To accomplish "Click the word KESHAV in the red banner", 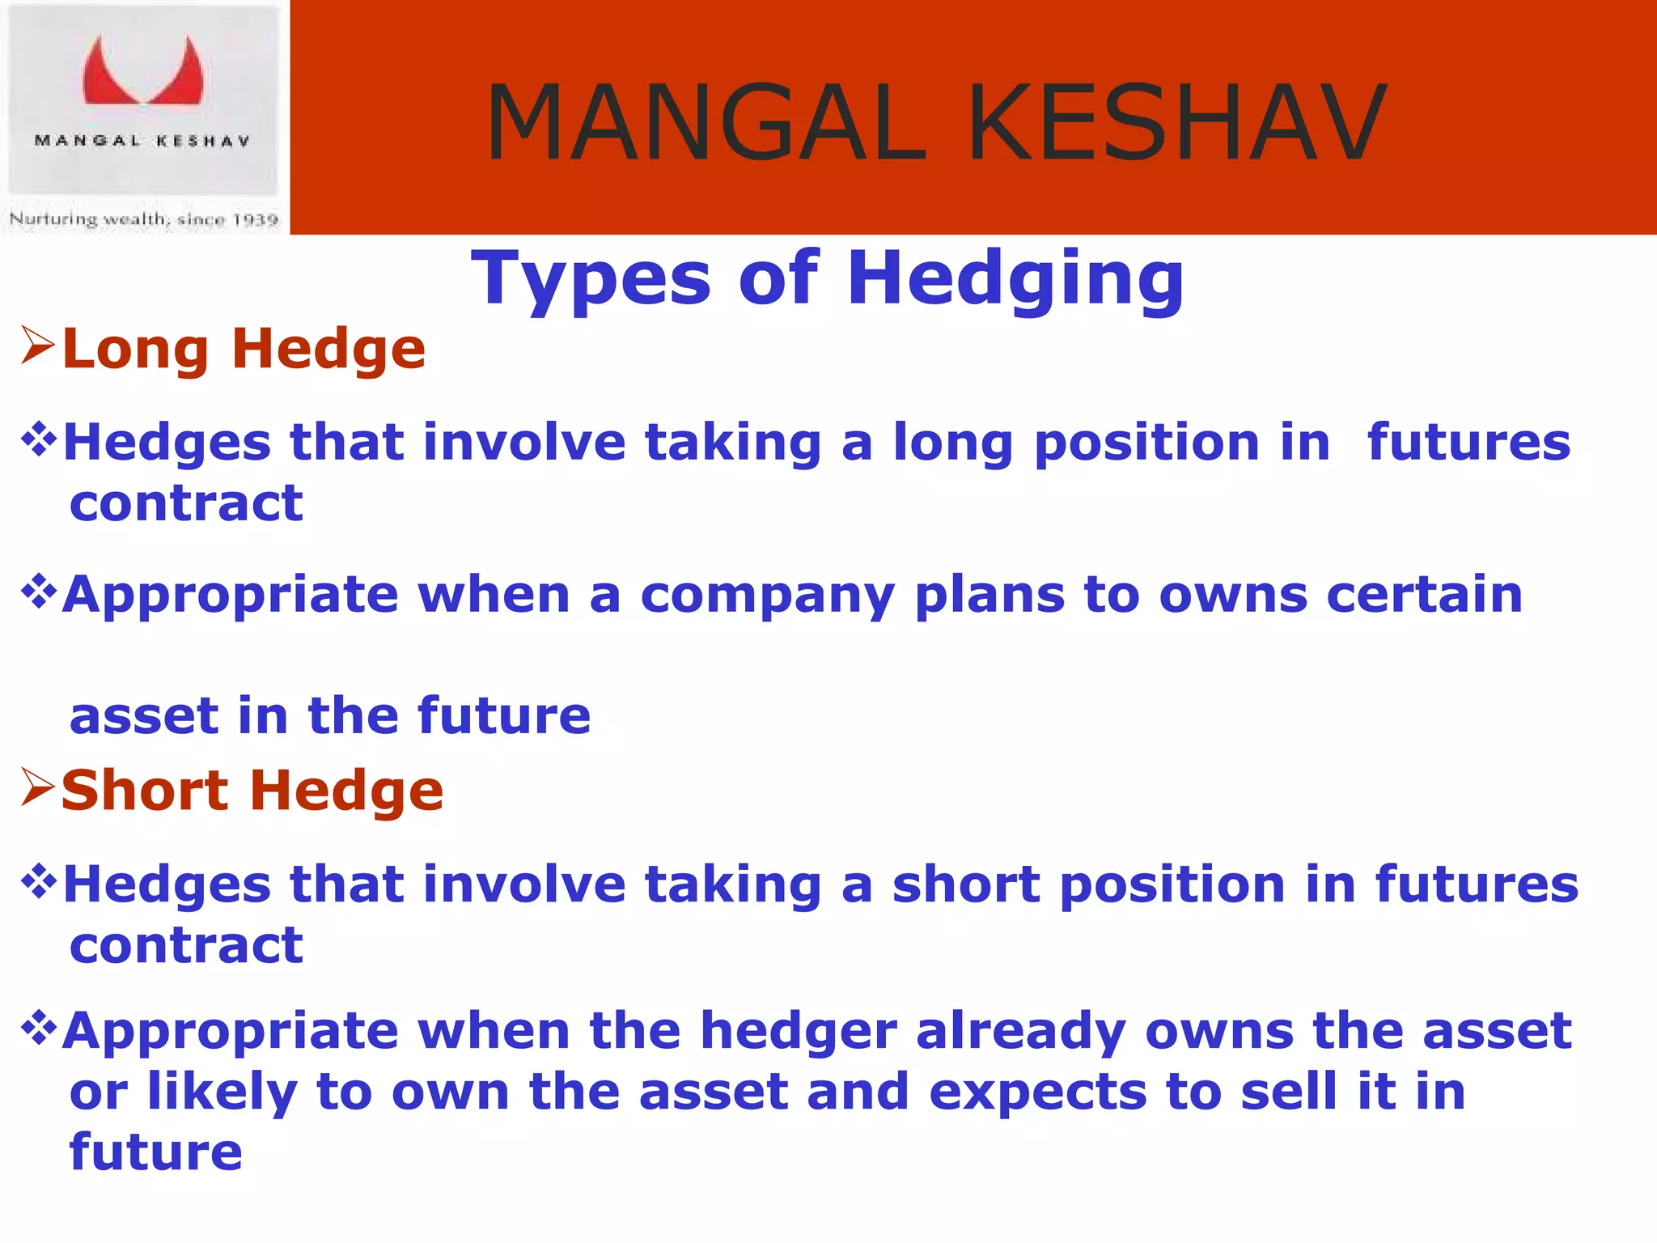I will pyautogui.click(x=1177, y=123).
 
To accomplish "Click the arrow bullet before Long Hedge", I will pyautogui.click(x=37, y=346).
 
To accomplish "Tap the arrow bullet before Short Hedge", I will pyautogui.click(x=37, y=788).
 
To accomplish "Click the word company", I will pyautogui.click(x=767, y=596).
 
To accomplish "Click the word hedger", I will pyautogui.click(x=799, y=1032).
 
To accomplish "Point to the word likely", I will pyautogui.click(x=222, y=1092).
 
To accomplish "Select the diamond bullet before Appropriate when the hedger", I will pyautogui.click(x=39, y=1028).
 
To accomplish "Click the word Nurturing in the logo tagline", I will pyautogui.click(x=53, y=219).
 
